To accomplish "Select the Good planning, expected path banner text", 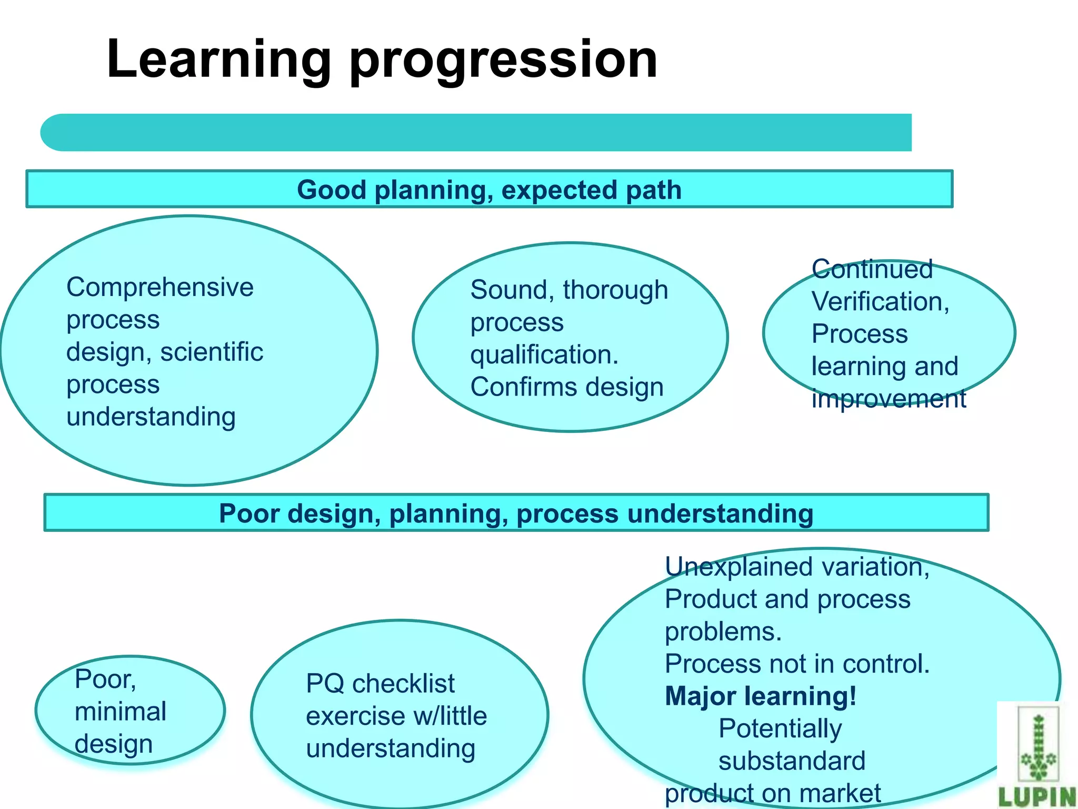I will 489,190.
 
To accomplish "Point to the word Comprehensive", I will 160,288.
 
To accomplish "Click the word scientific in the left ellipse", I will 212,352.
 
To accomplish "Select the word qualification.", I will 544,354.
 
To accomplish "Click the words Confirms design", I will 566,387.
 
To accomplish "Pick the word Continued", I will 872,269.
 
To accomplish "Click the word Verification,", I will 880,302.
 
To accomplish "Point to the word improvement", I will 889,399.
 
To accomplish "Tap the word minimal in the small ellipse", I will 121,712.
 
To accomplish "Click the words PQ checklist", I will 380,684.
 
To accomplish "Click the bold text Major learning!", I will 761,696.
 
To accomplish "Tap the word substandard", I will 792,761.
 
